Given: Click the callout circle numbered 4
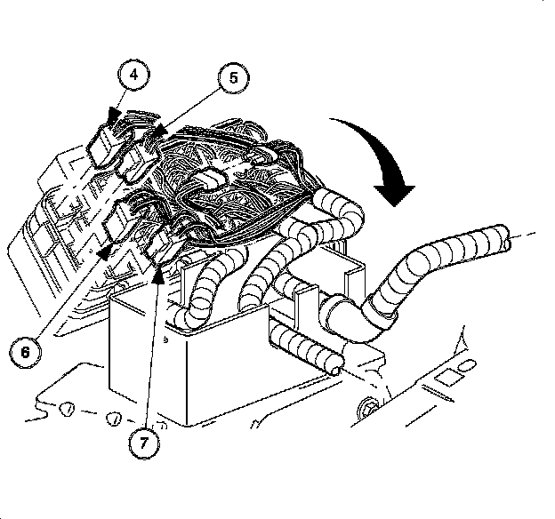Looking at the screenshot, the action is pyautogui.click(x=133, y=76).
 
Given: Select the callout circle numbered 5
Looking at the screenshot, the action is pyautogui.click(x=232, y=78).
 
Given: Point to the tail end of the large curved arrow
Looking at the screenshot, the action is pyautogui.click(x=331, y=120).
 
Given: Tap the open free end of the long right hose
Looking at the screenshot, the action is pyautogui.click(x=506, y=239).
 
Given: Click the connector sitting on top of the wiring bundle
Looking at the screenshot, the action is pyautogui.click(x=211, y=177).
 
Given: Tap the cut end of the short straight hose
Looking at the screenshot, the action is pyautogui.click(x=334, y=360).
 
